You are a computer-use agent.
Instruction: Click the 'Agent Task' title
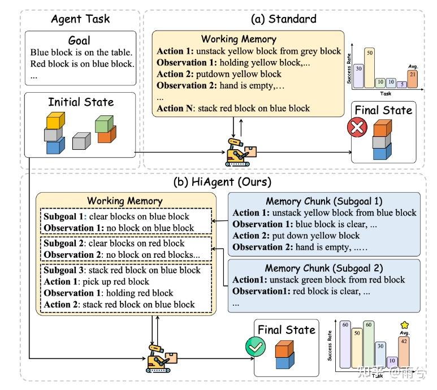(80, 19)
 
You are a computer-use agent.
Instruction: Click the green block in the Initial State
(105, 123)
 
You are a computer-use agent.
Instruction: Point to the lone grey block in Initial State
(81, 140)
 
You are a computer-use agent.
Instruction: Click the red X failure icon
(357, 128)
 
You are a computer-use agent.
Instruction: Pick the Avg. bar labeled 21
(413, 79)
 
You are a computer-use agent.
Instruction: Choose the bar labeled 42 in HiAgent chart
(404, 350)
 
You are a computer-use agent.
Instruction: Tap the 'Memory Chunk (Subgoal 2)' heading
(324, 268)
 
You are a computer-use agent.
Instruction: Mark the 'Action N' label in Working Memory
(176, 108)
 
